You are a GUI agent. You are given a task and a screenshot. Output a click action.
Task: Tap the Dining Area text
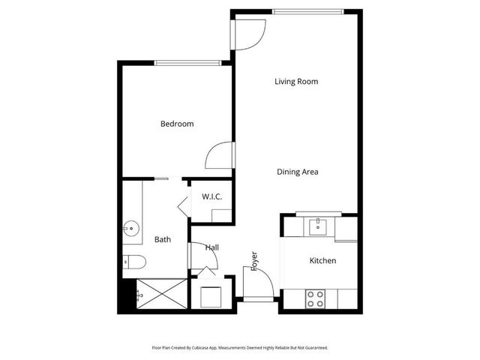(x=298, y=172)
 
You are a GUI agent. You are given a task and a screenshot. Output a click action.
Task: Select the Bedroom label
(x=177, y=124)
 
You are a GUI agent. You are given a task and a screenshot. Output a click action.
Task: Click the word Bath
(x=163, y=240)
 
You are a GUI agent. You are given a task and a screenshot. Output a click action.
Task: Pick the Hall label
(x=212, y=247)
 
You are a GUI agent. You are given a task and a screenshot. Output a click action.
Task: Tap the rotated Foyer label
(x=255, y=260)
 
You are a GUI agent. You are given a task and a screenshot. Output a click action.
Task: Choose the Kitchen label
(x=322, y=260)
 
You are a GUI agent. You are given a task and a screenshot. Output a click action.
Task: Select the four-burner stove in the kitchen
(x=315, y=299)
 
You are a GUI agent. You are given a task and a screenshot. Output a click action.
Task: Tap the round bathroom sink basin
(x=132, y=228)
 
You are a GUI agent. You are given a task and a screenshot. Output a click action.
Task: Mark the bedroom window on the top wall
(x=187, y=62)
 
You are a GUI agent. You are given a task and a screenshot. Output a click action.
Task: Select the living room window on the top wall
(x=308, y=11)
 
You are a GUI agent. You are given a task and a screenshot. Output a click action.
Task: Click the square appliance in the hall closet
(x=209, y=295)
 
